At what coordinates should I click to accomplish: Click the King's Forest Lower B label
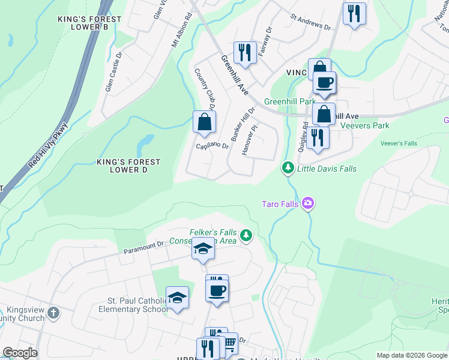click(x=89, y=23)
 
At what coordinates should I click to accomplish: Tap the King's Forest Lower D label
click(x=129, y=166)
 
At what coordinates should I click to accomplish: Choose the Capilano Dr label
click(x=212, y=146)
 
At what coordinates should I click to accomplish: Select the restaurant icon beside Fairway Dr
click(x=244, y=52)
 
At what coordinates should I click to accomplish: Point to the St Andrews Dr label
click(x=310, y=23)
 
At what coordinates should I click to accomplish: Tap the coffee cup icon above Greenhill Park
click(x=324, y=83)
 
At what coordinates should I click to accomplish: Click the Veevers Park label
click(x=364, y=125)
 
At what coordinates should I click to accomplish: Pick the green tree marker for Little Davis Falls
click(x=288, y=169)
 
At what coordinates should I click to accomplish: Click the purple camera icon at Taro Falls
click(x=308, y=204)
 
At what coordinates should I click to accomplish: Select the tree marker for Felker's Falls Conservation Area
click(x=246, y=236)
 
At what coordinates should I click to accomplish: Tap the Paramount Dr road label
click(x=143, y=247)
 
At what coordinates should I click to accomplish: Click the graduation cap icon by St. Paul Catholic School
click(x=177, y=298)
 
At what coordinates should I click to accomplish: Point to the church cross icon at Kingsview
click(x=53, y=313)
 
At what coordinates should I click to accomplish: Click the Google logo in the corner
click(x=20, y=353)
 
